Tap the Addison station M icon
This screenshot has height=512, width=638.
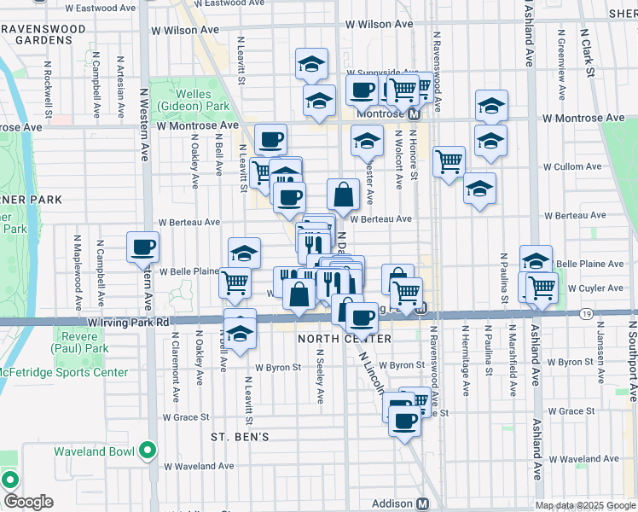[422, 503]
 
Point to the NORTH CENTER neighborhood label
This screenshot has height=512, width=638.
[344, 339]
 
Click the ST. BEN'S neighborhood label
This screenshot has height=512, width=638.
[240, 437]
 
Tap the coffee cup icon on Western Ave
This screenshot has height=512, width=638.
[142, 248]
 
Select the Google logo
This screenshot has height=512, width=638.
[27, 502]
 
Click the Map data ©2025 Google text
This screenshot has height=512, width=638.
[584, 505]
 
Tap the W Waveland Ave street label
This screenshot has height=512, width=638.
[200, 466]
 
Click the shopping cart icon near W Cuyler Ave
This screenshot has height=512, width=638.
[542, 289]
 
